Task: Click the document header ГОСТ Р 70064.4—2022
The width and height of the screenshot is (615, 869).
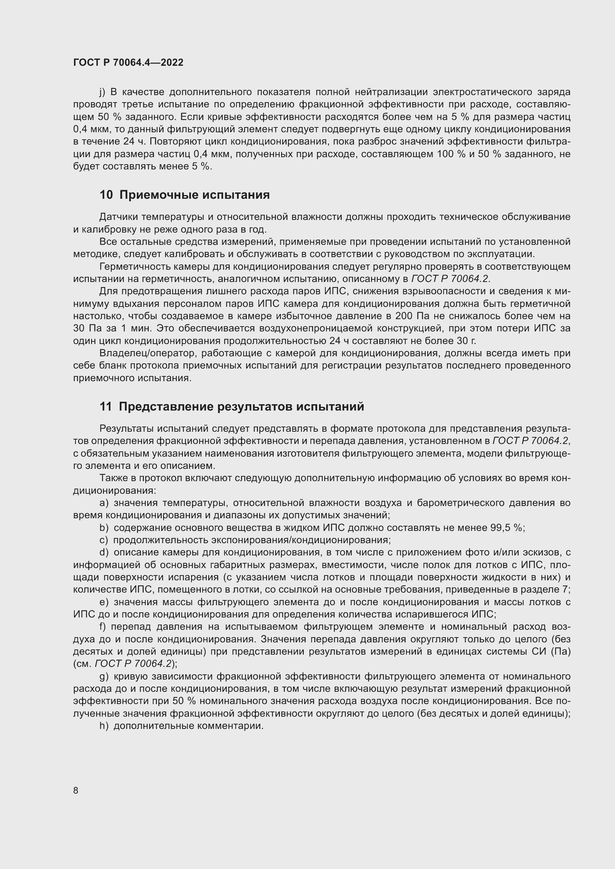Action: (x=128, y=62)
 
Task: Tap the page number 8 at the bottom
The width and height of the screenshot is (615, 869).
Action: (x=76, y=790)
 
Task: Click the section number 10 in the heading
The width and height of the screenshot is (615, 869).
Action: (x=106, y=195)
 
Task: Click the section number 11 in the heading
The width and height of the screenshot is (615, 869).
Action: (x=106, y=406)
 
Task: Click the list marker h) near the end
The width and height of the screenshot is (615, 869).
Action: (x=104, y=726)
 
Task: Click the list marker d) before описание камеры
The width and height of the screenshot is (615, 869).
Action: (x=104, y=552)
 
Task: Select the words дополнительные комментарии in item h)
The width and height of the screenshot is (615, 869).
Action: (x=188, y=726)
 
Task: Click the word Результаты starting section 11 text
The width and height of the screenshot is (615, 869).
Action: (x=126, y=428)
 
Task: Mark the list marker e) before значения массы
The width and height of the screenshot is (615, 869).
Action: (x=104, y=602)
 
